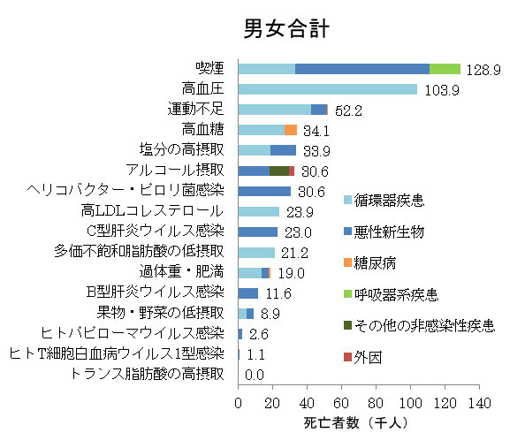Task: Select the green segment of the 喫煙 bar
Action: point(445,68)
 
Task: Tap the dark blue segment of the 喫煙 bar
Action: point(361,68)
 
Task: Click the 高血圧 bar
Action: point(327,88)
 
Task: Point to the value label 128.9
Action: point(484,69)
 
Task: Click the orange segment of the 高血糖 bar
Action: point(290,130)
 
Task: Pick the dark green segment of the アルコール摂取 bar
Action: point(279,171)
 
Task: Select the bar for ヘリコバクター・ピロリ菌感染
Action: point(264,191)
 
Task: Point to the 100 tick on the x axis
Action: point(410,404)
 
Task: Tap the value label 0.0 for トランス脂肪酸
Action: point(255,375)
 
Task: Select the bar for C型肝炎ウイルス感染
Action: point(258,232)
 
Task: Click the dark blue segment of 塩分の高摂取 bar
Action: point(283,150)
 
